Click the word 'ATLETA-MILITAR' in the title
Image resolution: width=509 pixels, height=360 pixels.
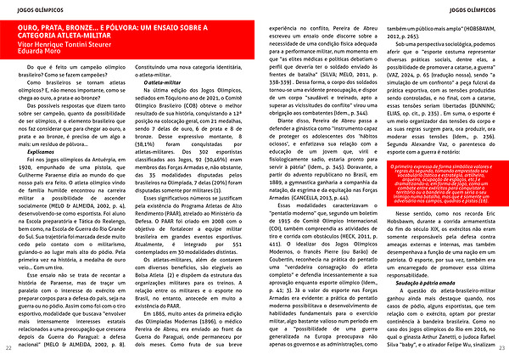click(92, 37)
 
